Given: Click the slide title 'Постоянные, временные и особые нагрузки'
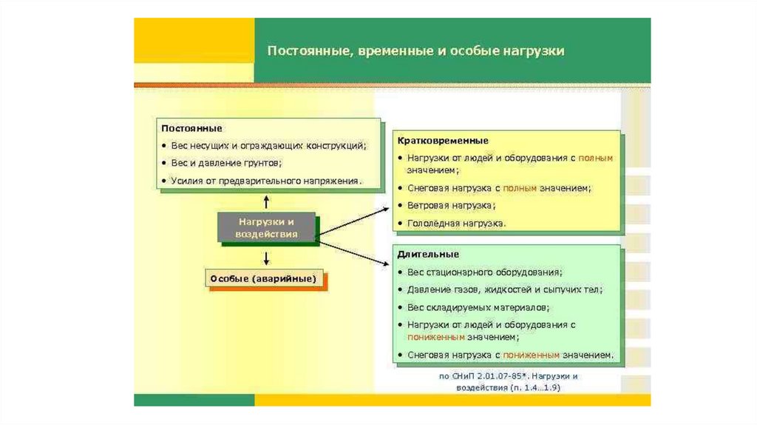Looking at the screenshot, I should [415, 51].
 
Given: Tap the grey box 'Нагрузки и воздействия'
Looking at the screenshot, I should [266, 227].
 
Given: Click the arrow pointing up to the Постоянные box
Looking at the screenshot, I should [266, 201].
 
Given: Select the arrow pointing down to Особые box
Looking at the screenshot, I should [266, 258].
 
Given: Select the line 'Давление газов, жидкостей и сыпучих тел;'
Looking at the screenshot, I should [504, 290].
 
